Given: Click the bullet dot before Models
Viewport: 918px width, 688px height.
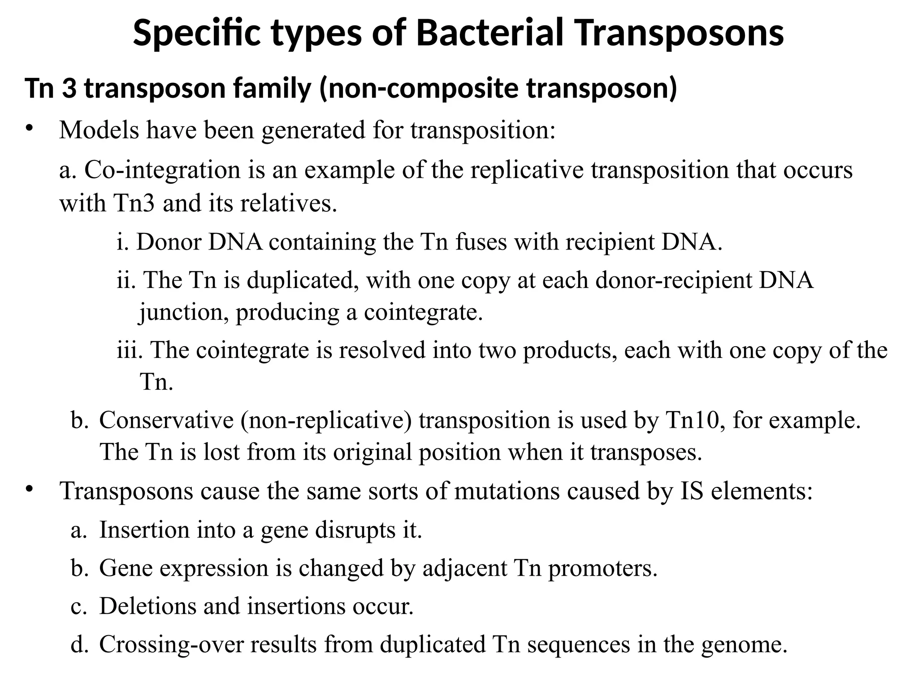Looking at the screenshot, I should pyautogui.click(x=30, y=129).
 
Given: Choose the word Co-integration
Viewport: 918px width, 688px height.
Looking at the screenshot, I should pyautogui.click(x=162, y=170).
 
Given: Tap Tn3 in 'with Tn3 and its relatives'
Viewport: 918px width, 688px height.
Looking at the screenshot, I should pyautogui.click(x=134, y=203).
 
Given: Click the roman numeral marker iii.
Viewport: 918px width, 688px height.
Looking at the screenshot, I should pyautogui.click(x=129, y=350).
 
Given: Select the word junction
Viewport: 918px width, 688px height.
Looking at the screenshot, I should pyautogui.click(x=180, y=312).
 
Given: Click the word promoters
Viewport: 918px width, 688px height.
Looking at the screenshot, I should pyautogui.click(x=602, y=568).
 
